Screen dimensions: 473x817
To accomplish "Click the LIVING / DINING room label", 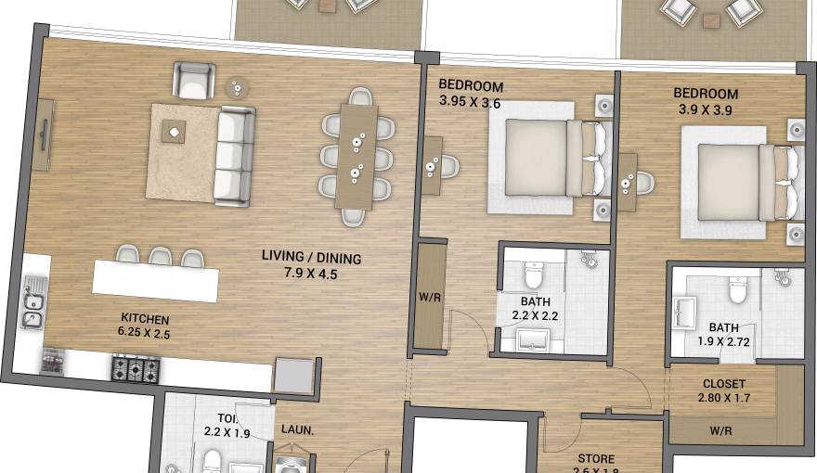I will (310, 259).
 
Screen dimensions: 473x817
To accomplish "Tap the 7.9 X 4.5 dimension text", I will (310, 275).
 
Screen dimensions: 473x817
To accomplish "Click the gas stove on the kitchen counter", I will (136, 368).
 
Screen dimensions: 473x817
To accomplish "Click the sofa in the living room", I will (234, 156).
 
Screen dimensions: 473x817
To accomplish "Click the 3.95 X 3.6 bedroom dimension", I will (470, 103).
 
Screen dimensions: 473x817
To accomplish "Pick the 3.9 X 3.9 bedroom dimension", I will (706, 109).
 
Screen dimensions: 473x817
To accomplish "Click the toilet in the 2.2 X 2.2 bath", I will (534, 275).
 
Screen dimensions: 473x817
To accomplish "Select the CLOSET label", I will (724, 383).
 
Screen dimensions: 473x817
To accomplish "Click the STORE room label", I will (595, 459).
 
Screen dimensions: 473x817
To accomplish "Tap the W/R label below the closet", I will (722, 429).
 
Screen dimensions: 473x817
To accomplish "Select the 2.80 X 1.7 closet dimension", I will (723, 399).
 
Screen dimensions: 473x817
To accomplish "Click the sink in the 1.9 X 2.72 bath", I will (685, 313).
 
